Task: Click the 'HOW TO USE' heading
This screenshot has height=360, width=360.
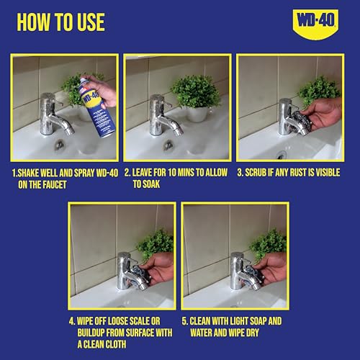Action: pos(60,22)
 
